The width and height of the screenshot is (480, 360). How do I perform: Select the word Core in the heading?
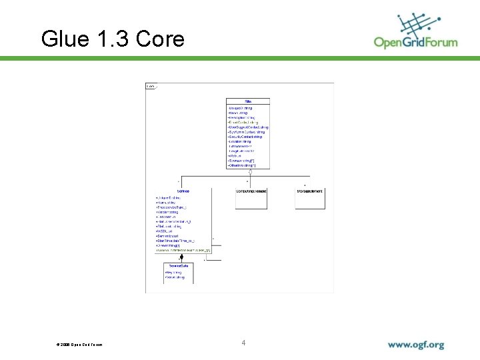(160, 39)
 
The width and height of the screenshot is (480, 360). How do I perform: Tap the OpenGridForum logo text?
(415, 43)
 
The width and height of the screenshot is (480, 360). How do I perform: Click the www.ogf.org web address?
(416, 345)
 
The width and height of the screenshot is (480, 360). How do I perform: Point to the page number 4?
(243, 343)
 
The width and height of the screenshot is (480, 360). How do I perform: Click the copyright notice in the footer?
(80, 345)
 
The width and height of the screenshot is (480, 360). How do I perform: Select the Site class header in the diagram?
(248, 101)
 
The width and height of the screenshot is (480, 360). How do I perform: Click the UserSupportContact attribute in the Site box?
(249, 127)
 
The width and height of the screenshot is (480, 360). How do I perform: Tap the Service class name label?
(183, 191)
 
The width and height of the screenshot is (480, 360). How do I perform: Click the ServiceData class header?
(179, 267)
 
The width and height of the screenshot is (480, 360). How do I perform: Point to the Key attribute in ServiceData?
(173, 273)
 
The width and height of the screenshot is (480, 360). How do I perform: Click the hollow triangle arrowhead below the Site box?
(250, 171)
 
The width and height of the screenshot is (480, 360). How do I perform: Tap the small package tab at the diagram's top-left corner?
(151, 87)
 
